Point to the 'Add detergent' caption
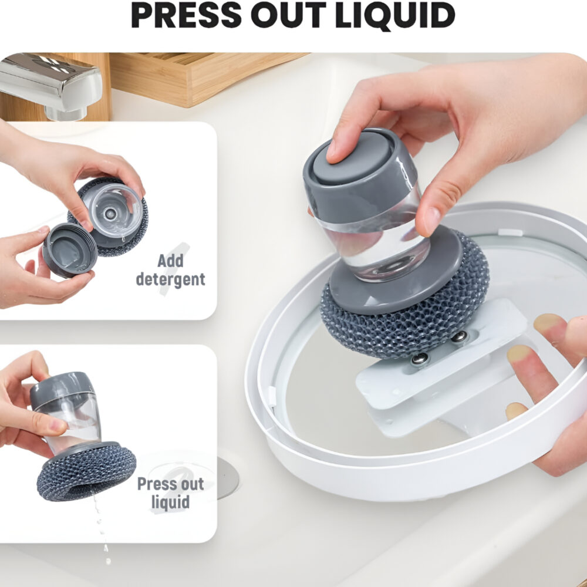tap(170, 270)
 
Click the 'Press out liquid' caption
tap(170, 493)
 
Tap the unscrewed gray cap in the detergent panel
tap(69, 250)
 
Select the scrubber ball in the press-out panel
tap(85, 473)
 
